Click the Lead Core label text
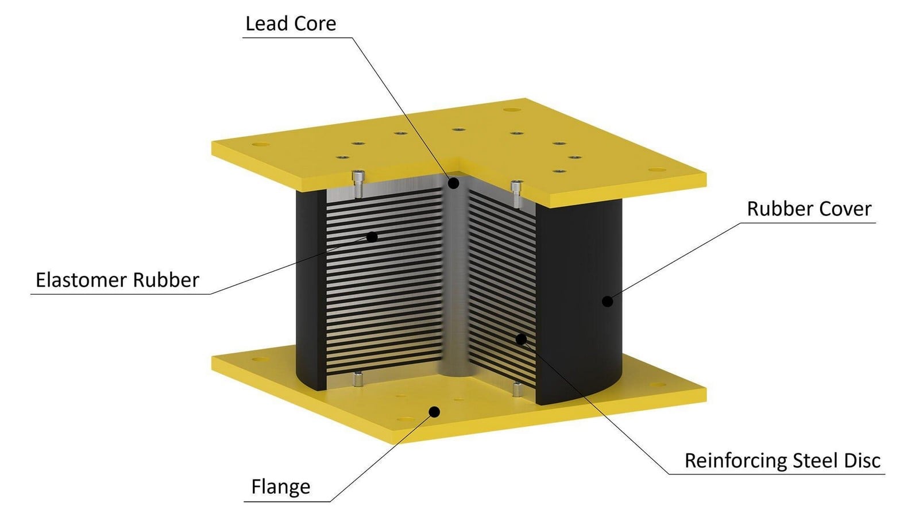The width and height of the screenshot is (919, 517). pyautogui.click(x=291, y=24)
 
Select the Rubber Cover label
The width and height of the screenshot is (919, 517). pyautogui.click(x=809, y=209)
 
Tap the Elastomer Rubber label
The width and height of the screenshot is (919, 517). pyautogui.click(x=117, y=280)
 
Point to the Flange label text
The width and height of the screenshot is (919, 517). pyautogui.click(x=281, y=487)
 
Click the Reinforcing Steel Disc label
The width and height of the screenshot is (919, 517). pyautogui.click(x=782, y=460)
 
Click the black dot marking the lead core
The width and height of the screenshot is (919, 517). pyautogui.click(x=453, y=183)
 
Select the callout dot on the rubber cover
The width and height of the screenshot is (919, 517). pyautogui.click(x=607, y=302)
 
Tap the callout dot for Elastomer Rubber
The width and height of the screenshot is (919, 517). pyautogui.click(x=372, y=237)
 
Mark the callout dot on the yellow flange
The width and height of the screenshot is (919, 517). pyautogui.click(x=434, y=411)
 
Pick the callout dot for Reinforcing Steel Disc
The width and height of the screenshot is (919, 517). pyautogui.click(x=521, y=339)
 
